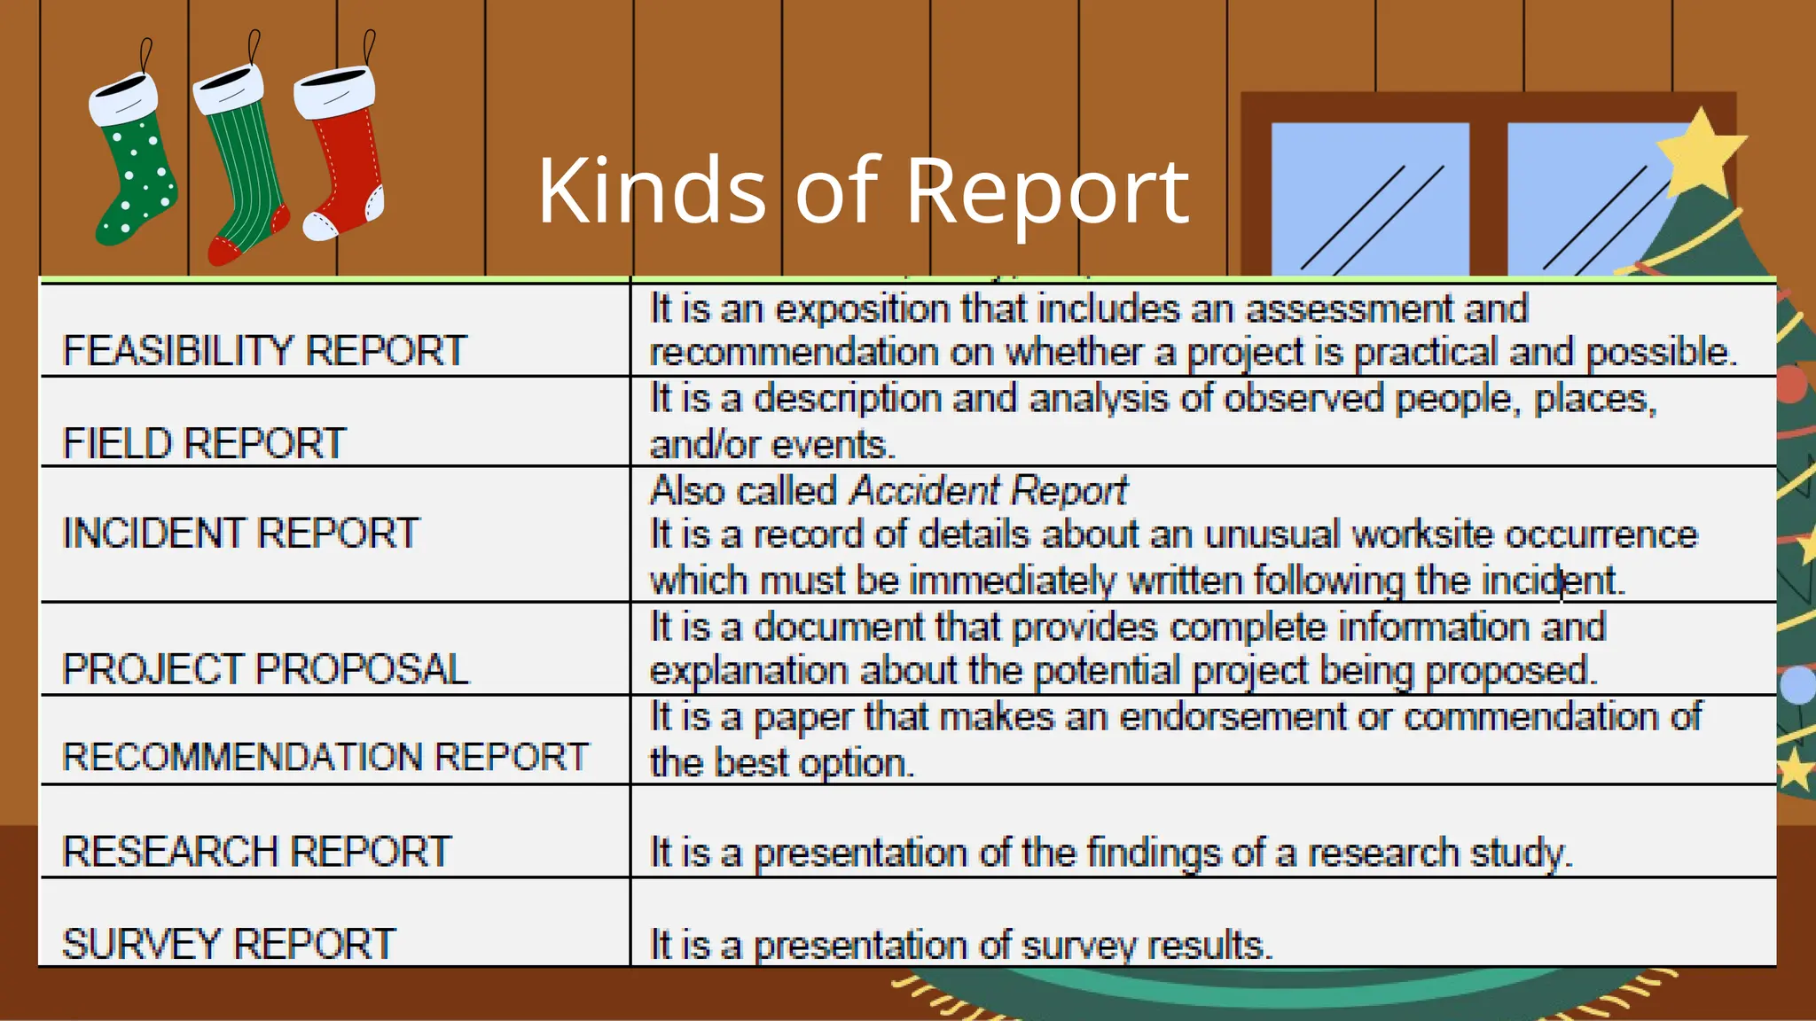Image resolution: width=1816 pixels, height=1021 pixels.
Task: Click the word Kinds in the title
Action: pyautogui.click(x=651, y=191)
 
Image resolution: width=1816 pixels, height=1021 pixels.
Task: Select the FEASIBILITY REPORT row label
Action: pyautogui.click(x=264, y=351)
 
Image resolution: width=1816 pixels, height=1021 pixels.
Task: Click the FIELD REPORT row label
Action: pyautogui.click(x=204, y=443)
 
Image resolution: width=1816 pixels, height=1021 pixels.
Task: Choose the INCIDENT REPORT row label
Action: pyautogui.click(x=240, y=534)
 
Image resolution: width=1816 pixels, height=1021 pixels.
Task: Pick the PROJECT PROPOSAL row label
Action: pyautogui.click(x=265, y=669)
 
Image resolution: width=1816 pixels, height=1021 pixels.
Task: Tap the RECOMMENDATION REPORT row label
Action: pyautogui.click(x=325, y=758)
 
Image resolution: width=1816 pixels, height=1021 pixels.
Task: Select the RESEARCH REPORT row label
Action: pyautogui.click(x=257, y=852)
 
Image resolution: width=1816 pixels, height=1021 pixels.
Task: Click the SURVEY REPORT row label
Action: pyautogui.click(x=229, y=944)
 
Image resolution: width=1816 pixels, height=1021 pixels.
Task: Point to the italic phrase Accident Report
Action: pyautogui.click(x=988, y=491)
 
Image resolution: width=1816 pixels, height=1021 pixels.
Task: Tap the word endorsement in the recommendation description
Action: pyautogui.click(x=1233, y=717)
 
